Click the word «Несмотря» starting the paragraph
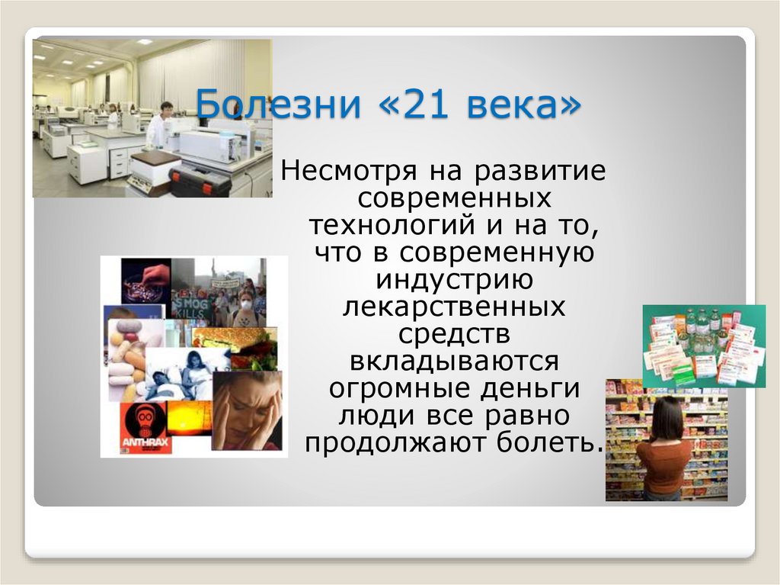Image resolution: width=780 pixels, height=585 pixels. pos(351,171)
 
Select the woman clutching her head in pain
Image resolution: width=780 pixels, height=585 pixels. pos(248,412)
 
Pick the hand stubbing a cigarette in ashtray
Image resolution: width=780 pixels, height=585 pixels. pos(145,281)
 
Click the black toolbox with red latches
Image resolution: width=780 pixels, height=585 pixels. pos(200,182)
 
